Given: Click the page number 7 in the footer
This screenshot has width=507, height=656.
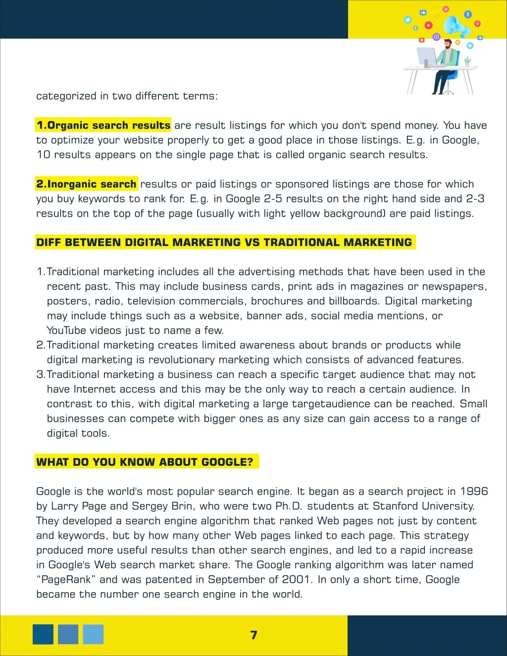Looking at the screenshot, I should [x=253, y=635].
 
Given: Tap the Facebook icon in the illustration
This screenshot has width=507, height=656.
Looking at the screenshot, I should [x=468, y=14].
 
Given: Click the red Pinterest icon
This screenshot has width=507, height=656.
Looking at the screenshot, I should [x=477, y=23].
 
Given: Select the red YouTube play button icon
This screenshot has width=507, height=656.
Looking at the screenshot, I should [x=429, y=25].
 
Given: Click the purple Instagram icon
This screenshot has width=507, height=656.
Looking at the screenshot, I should [x=436, y=37].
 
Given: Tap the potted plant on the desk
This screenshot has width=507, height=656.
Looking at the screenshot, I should [x=467, y=61].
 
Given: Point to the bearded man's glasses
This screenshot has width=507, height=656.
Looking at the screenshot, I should [x=448, y=45].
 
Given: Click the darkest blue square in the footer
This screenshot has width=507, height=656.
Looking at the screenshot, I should [x=43, y=634].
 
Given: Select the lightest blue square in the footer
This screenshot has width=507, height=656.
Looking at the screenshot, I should [x=93, y=634].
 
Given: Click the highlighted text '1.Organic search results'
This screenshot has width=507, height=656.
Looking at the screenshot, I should [x=103, y=125].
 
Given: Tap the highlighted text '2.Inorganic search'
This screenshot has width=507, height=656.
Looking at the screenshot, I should [x=87, y=184].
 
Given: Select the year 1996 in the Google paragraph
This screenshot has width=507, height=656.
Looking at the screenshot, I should [x=474, y=491].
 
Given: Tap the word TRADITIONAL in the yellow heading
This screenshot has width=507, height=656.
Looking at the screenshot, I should [x=302, y=243].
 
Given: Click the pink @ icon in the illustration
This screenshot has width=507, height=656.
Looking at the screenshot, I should [x=446, y=9].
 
